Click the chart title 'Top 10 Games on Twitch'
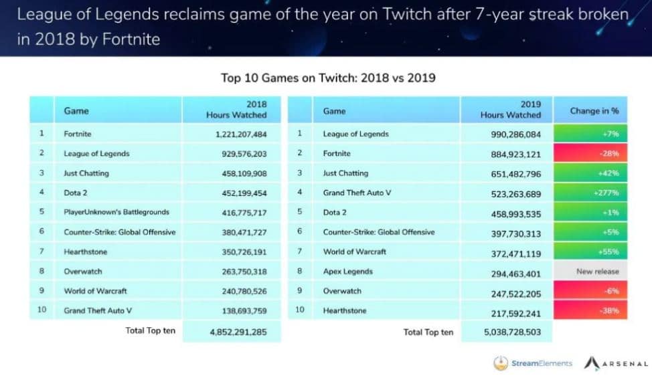[x=328, y=78]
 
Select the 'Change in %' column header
[x=594, y=110]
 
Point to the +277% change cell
[x=594, y=193]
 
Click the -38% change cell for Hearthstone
[x=594, y=311]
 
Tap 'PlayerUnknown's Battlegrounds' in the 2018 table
[x=116, y=212]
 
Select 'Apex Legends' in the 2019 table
[x=347, y=272]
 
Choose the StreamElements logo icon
[x=500, y=363]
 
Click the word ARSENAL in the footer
[x=625, y=364]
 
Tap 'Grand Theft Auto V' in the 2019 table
[x=357, y=193]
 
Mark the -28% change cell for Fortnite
[x=594, y=154]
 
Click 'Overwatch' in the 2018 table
[x=83, y=272]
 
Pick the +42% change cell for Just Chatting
[x=594, y=173]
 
